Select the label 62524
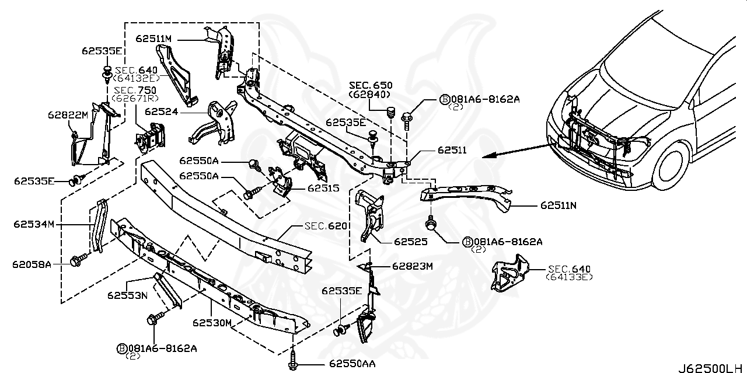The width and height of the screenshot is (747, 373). pos(161,111)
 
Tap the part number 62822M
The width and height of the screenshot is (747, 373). pos(68,115)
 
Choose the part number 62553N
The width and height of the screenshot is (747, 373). pos(127,295)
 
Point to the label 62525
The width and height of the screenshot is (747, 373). pos(411,240)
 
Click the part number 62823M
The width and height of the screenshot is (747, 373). pos(412,266)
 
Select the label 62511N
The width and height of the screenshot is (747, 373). pos(558,205)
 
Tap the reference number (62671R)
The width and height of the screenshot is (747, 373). pos(132,98)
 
